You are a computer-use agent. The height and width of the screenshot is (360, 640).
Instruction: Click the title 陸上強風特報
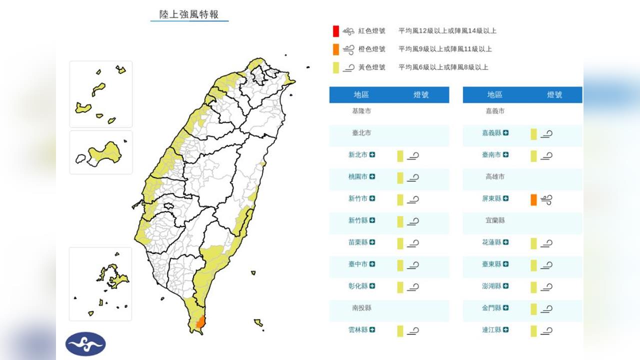[x=189, y=14]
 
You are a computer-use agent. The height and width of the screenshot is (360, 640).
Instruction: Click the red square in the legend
[x=336, y=31]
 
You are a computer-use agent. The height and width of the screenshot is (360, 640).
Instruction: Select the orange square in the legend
[x=336, y=49]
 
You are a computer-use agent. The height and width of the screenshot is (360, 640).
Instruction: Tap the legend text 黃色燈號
[x=371, y=67]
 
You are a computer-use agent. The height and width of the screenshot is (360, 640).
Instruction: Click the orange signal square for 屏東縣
[x=533, y=199]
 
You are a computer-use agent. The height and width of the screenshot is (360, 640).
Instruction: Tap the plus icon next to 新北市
[x=372, y=155]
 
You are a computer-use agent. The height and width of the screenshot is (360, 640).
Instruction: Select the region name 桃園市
[x=357, y=177]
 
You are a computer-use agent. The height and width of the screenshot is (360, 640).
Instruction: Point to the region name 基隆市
[x=361, y=111]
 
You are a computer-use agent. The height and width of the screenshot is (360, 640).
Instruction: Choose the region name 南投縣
[x=361, y=308]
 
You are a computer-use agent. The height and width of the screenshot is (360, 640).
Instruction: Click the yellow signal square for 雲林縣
[x=400, y=330]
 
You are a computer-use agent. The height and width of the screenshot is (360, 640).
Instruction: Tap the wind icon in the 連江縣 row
[x=546, y=330]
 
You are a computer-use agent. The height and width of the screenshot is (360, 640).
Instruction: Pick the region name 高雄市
[x=495, y=177]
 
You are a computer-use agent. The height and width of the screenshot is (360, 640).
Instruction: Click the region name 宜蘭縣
[x=495, y=220]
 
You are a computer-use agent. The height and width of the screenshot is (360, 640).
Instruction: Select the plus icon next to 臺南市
[x=505, y=155]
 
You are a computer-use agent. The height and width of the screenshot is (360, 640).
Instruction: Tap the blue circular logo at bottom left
[x=85, y=344]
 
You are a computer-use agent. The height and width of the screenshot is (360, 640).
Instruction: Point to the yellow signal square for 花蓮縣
[x=533, y=243]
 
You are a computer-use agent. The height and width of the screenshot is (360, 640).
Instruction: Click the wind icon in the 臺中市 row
[x=412, y=265]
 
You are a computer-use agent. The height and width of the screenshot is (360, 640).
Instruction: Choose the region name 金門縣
[x=491, y=308]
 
